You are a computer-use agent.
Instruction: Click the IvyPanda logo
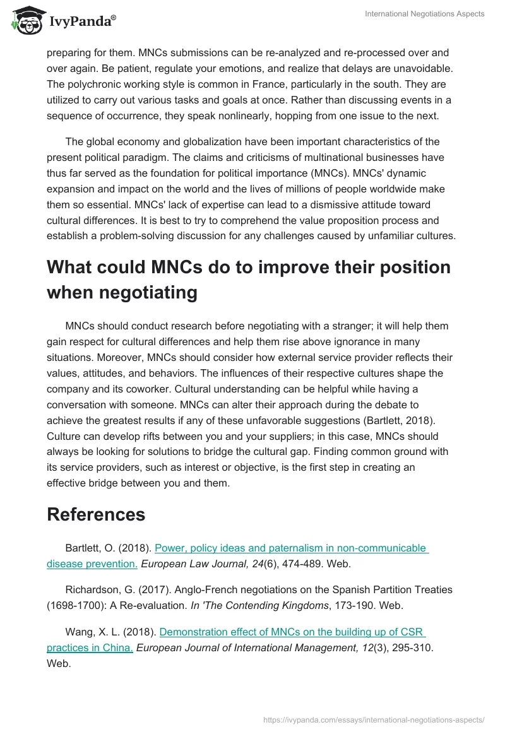pos(64,20)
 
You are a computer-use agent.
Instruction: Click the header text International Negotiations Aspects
pos(424,14)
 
